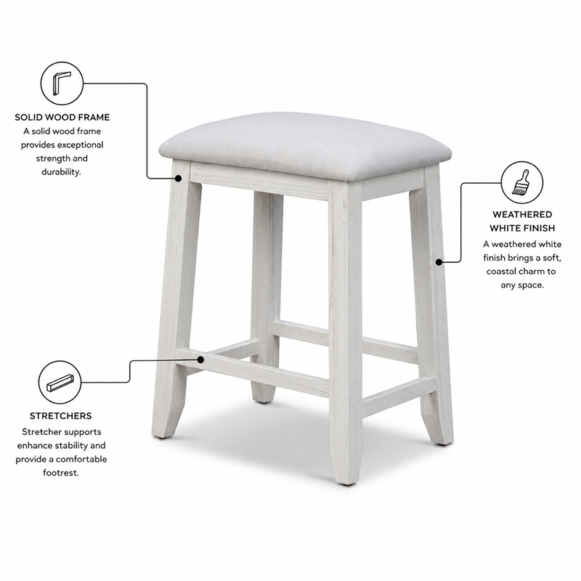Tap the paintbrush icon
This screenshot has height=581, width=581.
(x=521, y=182)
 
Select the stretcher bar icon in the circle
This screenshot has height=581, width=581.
(x=60, y=383)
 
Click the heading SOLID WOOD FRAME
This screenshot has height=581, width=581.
(x=62, y=118)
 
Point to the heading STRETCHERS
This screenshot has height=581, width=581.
(x=61, y=415)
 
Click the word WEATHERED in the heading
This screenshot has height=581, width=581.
(x=522, y=214)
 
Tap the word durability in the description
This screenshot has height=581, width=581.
(x=61, y=172)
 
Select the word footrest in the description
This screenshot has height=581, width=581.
(x=61, y=473)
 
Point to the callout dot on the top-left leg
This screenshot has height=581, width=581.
(x=178, y=178)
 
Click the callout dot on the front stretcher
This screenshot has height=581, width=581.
(x=201, y=359)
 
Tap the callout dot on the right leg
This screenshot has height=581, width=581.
(x=439, y=262)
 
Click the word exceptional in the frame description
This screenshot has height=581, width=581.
(x=80, y=145)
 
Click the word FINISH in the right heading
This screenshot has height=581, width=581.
(x=537, y=228)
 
